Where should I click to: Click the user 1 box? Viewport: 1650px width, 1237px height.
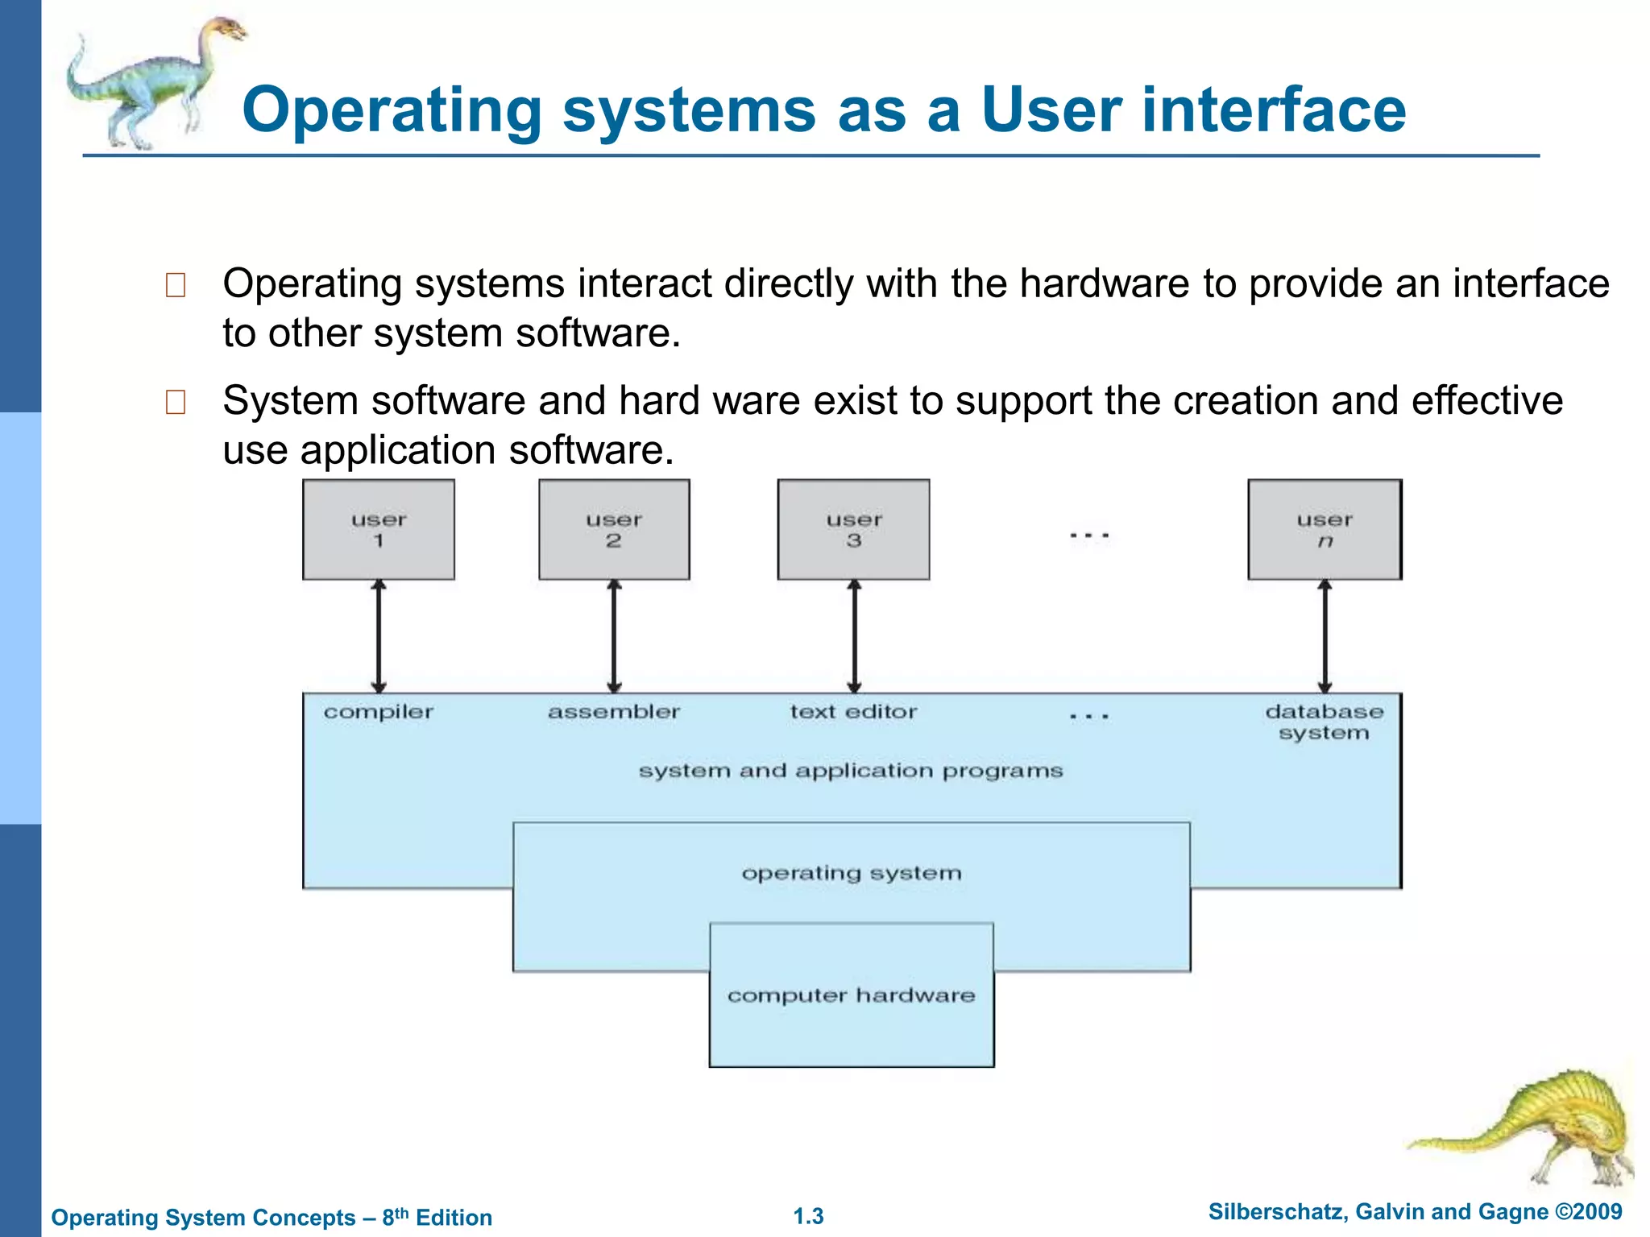coord(378,529)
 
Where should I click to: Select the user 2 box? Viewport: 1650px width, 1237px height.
coord(614,529)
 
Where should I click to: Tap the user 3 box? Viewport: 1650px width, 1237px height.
coord(853,529)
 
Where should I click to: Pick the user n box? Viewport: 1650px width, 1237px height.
coord(1325,529)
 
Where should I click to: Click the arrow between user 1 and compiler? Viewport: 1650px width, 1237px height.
coord(379,636)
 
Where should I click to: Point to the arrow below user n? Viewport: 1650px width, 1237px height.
coord(1325,636)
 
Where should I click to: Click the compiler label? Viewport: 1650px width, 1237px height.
coord(378,712)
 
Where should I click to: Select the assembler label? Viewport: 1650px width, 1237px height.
coord(614,712)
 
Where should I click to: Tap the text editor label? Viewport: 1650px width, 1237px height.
coord(853,712)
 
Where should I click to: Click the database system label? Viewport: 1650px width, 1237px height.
coord(1324,722)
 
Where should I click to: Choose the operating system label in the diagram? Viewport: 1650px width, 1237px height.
coord(852,873)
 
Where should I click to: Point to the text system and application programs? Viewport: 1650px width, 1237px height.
coord(851,771)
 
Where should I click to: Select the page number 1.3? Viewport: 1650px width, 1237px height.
coord(808,1216)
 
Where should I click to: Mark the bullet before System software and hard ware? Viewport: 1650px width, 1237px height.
coord(175,402)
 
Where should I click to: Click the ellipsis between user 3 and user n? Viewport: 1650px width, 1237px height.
coord(1089,536)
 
